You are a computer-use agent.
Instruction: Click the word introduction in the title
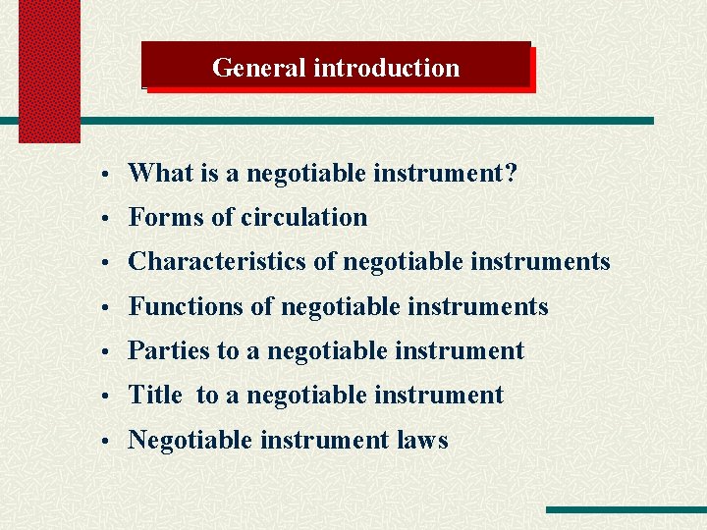tap(386, 68)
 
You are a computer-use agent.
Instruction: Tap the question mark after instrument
tap(510, 174)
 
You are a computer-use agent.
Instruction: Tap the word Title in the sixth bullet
tap(155, 396)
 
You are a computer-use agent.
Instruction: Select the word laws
tap(422, 440)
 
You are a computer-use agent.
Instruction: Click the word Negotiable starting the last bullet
tap(190, 440)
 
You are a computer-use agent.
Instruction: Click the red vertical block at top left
tap(49, 69)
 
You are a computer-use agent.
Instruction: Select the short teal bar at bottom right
tap(625, 509)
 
